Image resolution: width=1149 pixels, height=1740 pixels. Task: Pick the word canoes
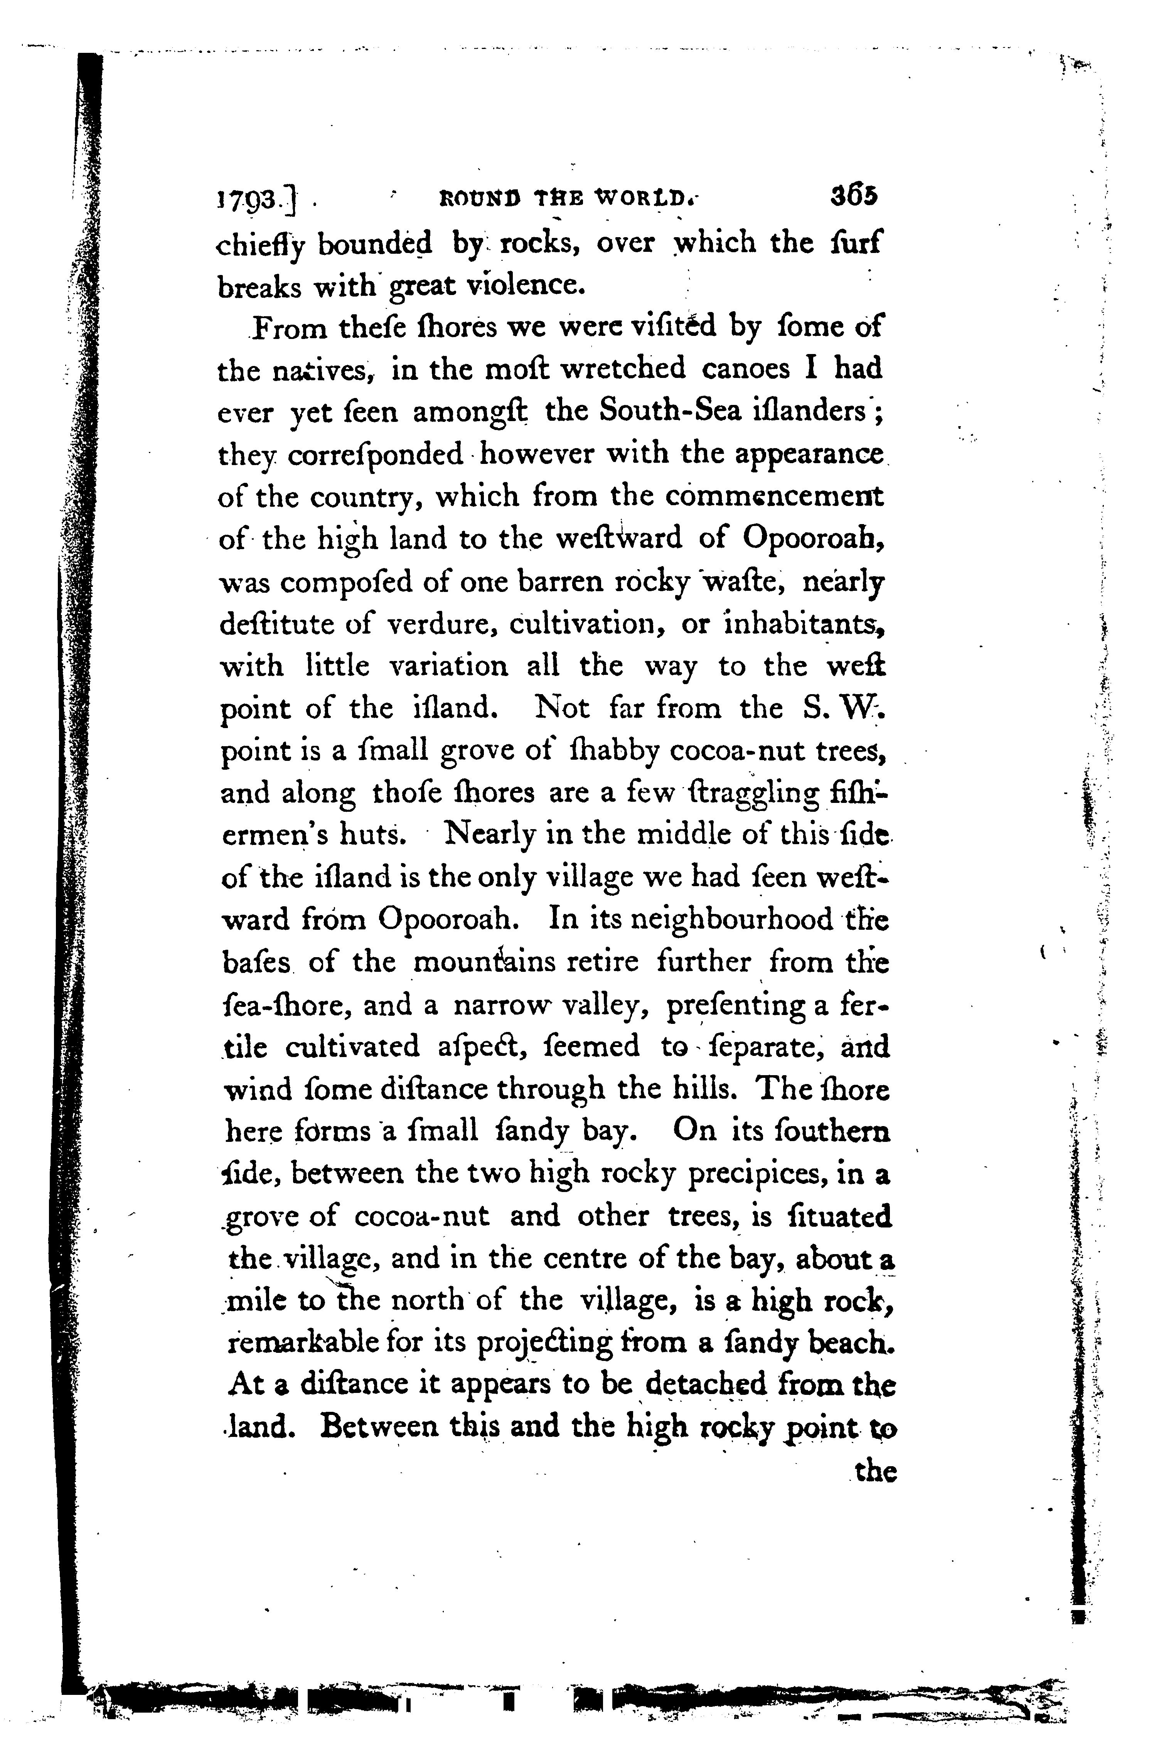745,369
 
